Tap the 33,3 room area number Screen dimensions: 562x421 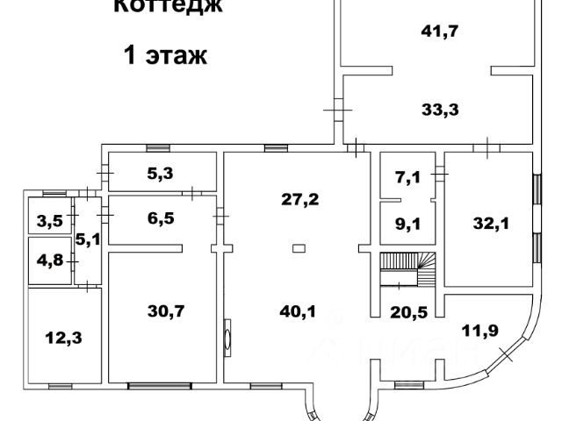pyautogui.click(x=441, y=110)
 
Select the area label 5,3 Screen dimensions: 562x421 pyautogui.click(x=160, y=173)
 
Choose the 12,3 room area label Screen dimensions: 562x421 pyautogui.click(x=60, y=334)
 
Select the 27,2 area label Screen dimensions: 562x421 pyautogui.click(x=299, y=198)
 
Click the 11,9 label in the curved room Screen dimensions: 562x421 pyautogui.click(x=478, y=332)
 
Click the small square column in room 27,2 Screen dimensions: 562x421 pyautogui.click(x=299, y=248)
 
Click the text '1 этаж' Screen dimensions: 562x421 pyautogui.click(x=164, y=58)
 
